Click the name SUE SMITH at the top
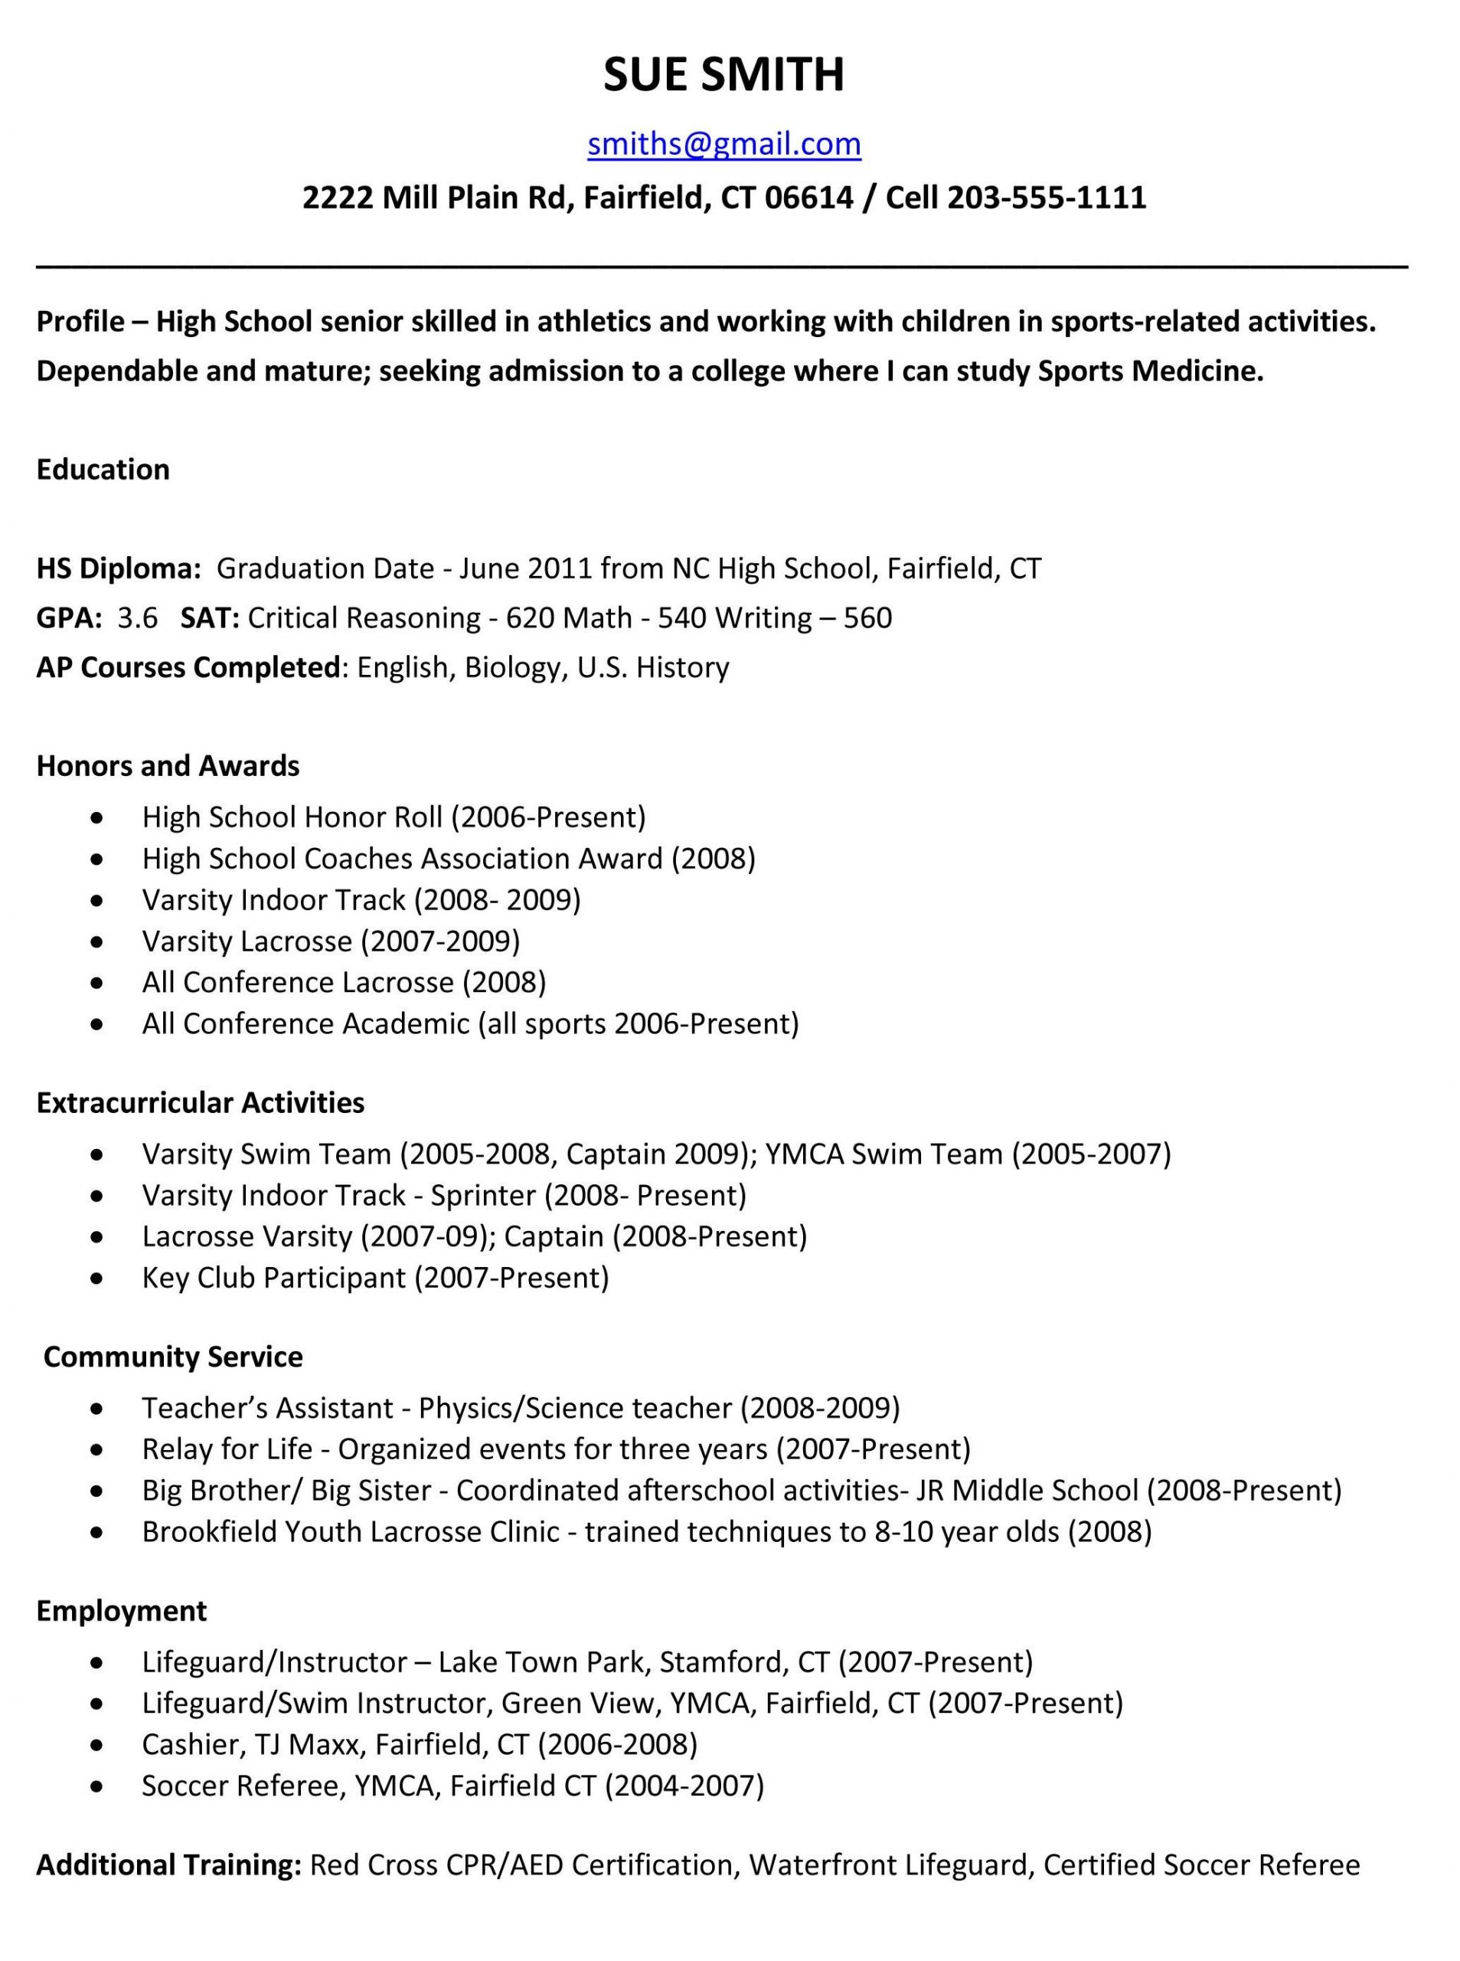[x=723, y=74]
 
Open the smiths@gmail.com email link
[x=723, y=143]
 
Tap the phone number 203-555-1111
[x=1047, y=197]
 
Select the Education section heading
[x=103, y=469]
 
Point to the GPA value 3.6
[x=137, y=617]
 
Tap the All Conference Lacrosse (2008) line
[x=344, y=981]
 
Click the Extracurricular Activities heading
[x=200, y=1102]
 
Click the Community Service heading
[x=172, y=1357]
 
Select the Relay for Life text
[x=227, y=1449]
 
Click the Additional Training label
[x=168, y=1864]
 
